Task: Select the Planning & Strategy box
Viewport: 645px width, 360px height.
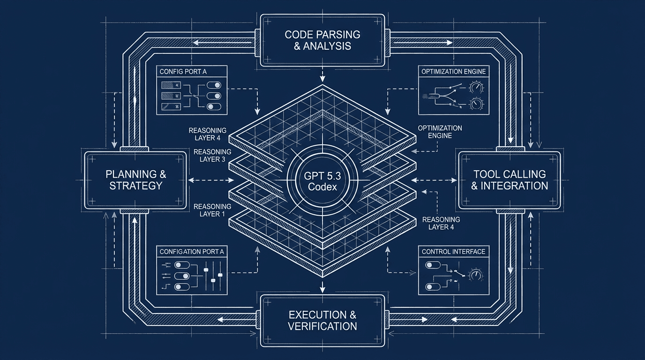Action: (135, 180)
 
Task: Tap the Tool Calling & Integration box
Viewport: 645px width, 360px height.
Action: (509, 180)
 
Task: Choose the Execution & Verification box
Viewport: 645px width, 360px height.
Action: (322, 320)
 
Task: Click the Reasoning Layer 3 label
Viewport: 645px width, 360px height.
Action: (212, 155)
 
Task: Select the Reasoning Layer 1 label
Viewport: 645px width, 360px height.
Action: (212, 210)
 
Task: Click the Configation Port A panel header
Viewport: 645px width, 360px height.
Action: (192, 252)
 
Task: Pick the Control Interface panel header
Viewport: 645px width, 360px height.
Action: (453, 252)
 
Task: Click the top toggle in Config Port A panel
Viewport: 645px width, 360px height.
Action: (213, 86)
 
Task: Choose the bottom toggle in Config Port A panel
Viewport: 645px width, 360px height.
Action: (213, 106)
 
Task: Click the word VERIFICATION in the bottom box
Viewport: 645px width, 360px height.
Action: (322, 326)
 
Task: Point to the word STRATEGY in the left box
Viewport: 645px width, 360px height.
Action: (135, 186)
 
